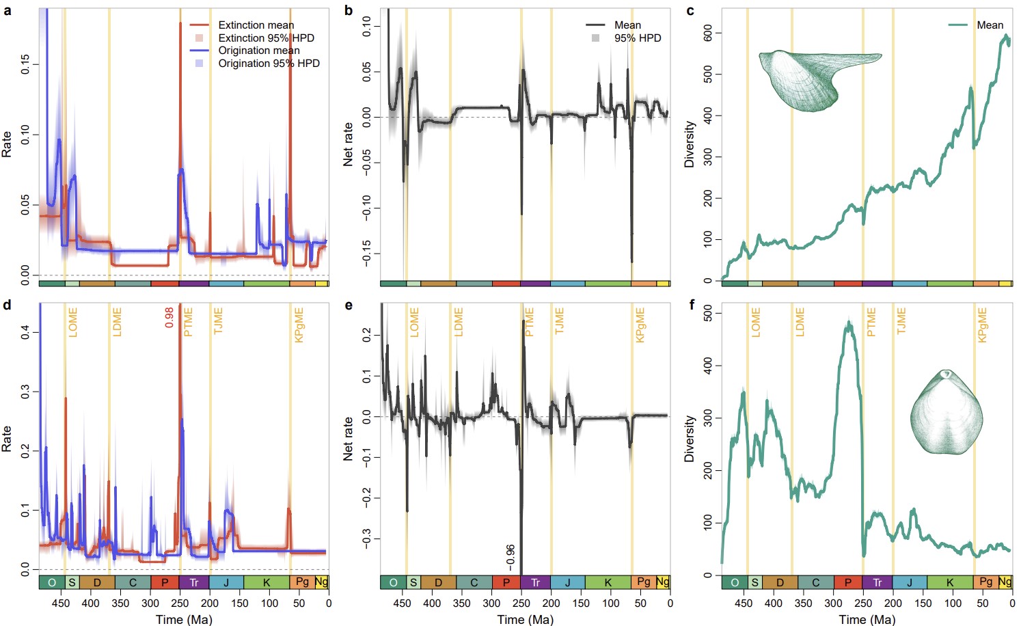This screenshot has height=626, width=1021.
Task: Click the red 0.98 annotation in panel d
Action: point(169,317)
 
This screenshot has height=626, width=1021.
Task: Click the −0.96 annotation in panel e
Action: point(510,558)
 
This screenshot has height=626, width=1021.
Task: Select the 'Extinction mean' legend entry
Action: point(256,25)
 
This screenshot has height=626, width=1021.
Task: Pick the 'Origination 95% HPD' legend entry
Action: point(269,64)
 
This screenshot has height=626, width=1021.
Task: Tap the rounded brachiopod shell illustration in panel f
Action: point(947,412)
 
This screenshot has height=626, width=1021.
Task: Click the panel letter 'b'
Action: point(349,10)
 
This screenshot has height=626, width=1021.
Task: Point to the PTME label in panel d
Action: point(189,322)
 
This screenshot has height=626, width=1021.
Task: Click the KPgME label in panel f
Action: point(983,325)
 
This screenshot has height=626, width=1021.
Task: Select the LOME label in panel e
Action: point(414,322)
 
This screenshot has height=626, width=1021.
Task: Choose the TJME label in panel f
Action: point(901,322)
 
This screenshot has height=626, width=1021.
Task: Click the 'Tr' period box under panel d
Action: point(194,583)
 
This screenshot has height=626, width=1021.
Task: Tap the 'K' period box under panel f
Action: point(950,583)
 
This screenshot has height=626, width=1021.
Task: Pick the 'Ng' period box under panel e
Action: point(662,582)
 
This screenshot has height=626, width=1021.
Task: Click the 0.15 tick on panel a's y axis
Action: point(25,65)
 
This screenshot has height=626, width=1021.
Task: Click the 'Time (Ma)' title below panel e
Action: point(526,619)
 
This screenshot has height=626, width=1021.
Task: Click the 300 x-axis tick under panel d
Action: point(150,603)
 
